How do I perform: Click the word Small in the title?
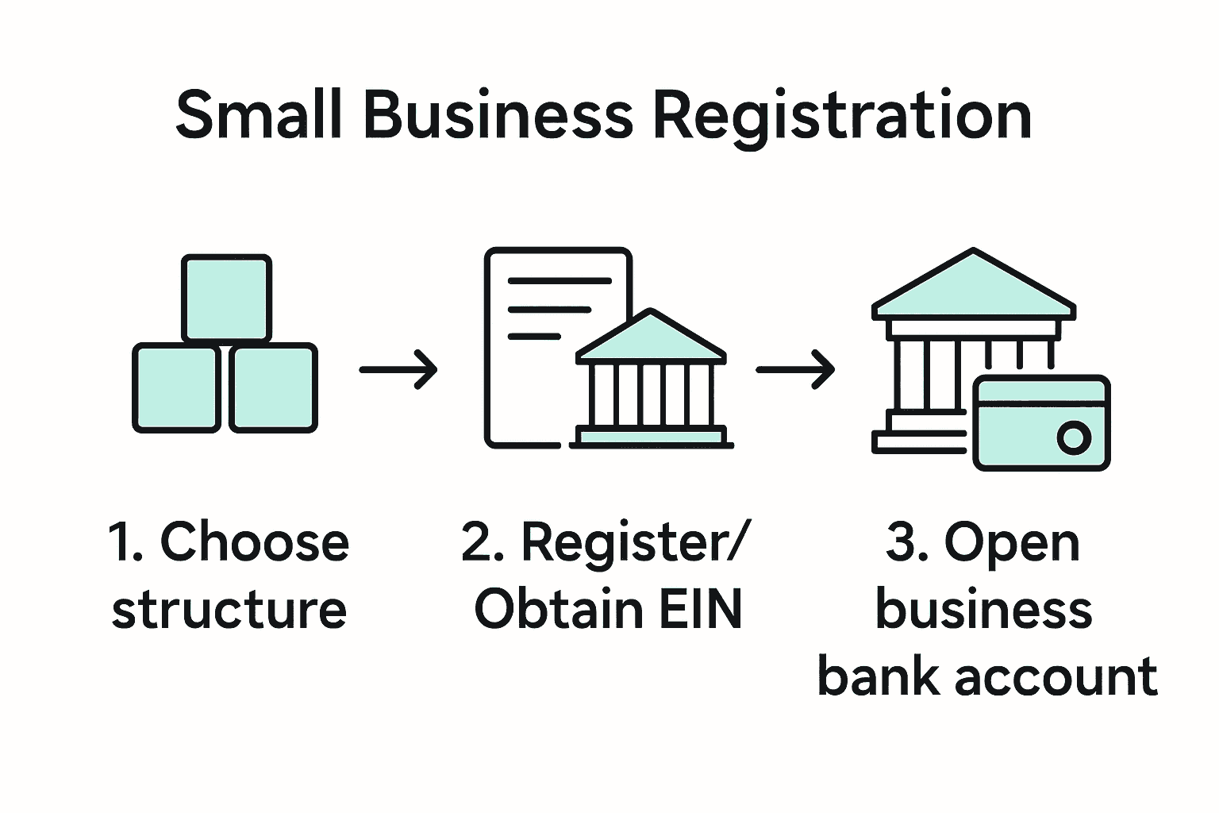pyautogui.click(x=259, y=115)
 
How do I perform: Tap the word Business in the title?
pyautogui.click(x=498, y=115)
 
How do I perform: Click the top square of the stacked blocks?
pyautogui.click(x=227, y=298)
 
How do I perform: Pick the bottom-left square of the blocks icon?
pyautogui.click(x=176, y=388)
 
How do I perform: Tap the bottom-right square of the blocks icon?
pyautogui.click(x=274, y=388)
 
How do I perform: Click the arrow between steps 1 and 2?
pyautogui.click(x=398, y=369)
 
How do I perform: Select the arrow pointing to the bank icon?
pyautogui.click(x=795, y=369)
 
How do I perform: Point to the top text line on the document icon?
pyautogui.click(x=560, y=281)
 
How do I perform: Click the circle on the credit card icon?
pyautogui.click(x=1073, y=437)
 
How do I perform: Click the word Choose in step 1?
pyautogui.click(x=254, y=542)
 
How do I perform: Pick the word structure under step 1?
pyautogui.click(x=229, y=610)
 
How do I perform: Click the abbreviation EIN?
pyautogui.click(x=698, y=610)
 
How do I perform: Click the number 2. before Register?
pyautogui.click(x=483, y=542)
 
